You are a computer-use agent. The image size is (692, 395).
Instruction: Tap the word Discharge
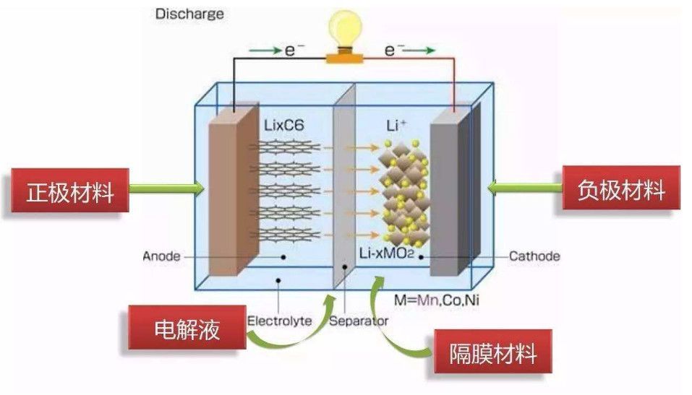[189, 14]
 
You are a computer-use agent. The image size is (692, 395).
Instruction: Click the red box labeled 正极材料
[70, 192]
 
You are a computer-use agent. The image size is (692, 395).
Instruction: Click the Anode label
[160, 256]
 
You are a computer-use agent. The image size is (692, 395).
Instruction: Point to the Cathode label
[534, 256]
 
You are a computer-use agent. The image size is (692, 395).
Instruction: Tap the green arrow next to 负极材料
[526, 188]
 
